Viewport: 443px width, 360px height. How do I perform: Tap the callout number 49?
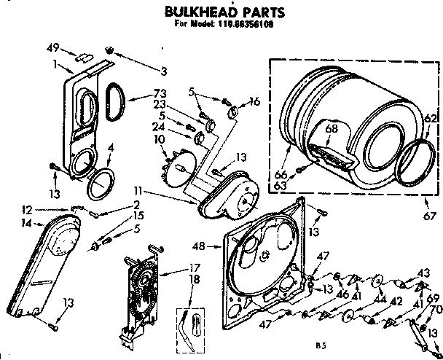point(51,48)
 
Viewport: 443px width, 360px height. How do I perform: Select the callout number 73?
point(160,93)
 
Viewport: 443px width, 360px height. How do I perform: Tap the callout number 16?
point(254,102)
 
